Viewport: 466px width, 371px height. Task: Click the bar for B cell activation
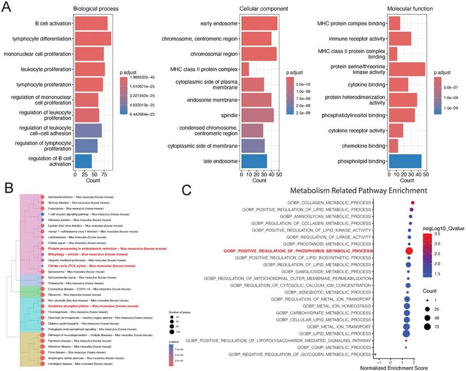[90, 24]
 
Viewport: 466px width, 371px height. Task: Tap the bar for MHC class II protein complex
[245, 69]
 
